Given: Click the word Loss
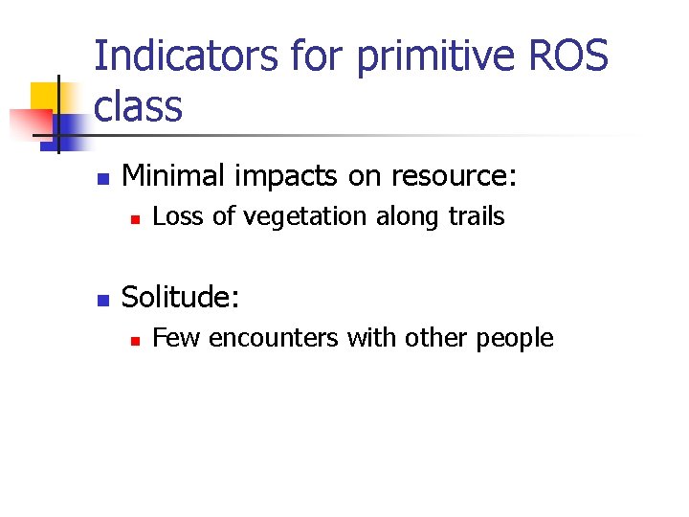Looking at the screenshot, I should (179, 217).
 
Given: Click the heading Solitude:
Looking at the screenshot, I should (181, 298).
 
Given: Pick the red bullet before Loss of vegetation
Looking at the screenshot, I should (136, 219).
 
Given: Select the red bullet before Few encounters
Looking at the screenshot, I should (136, 340).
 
